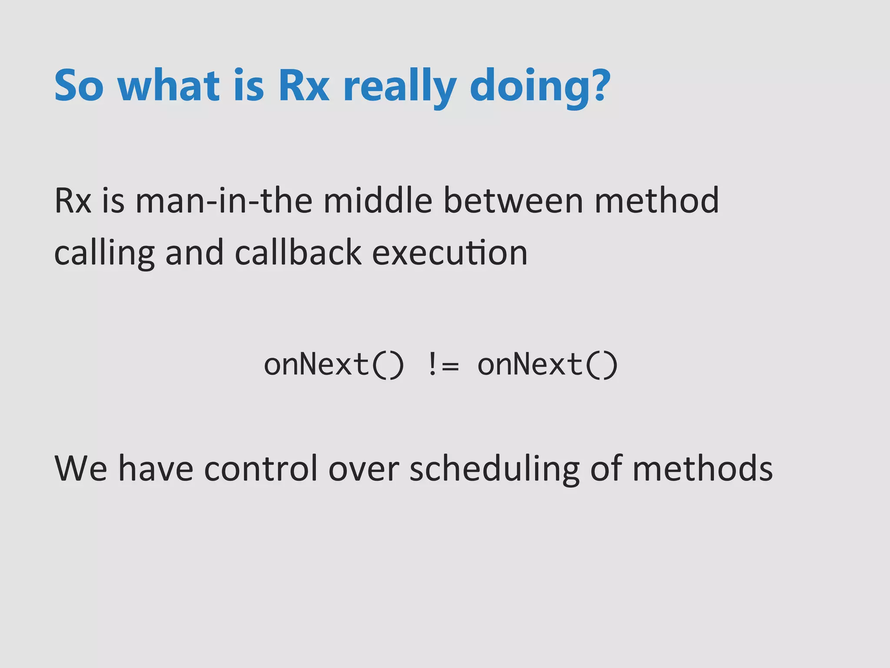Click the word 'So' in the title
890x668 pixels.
(79, 86)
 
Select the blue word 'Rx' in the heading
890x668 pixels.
(304, 86)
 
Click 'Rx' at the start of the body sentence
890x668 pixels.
(73, 201)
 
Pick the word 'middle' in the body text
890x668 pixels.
(378, 201)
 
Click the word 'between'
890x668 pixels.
(513, 201)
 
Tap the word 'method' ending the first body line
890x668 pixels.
(657, 201)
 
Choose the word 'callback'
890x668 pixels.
(298, 253)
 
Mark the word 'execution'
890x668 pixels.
(450, 253)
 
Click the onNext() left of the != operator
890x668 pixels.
(334, 364)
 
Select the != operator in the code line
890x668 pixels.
(442, 364)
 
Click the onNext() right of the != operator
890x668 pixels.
(548, 364)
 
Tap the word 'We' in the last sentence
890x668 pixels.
(81, 468)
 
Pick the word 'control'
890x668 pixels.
(261, 468)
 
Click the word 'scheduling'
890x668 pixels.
(495, 469)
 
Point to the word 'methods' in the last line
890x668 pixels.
(702, 468)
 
